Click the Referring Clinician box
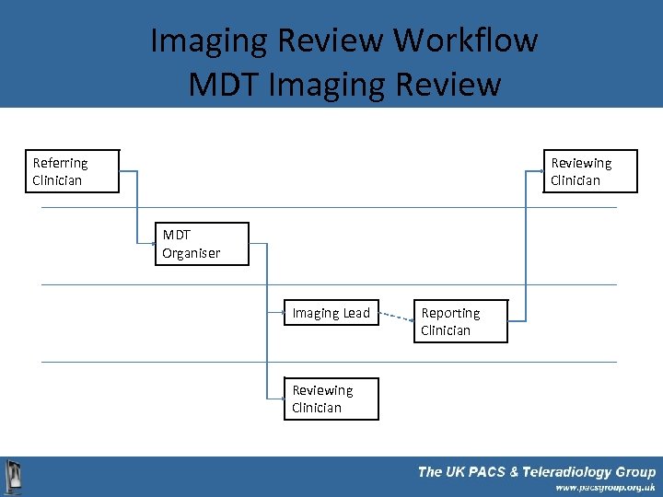[x=73, y=171]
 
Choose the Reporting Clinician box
[x=461, y=321]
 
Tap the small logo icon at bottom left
[x=14, y=478]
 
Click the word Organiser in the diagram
[x=192, y=253]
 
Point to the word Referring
[x=61, y=163]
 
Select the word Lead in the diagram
[x=355, y=313]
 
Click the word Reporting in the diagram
[x=450, y=313]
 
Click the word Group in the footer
[x=635, y=472]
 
